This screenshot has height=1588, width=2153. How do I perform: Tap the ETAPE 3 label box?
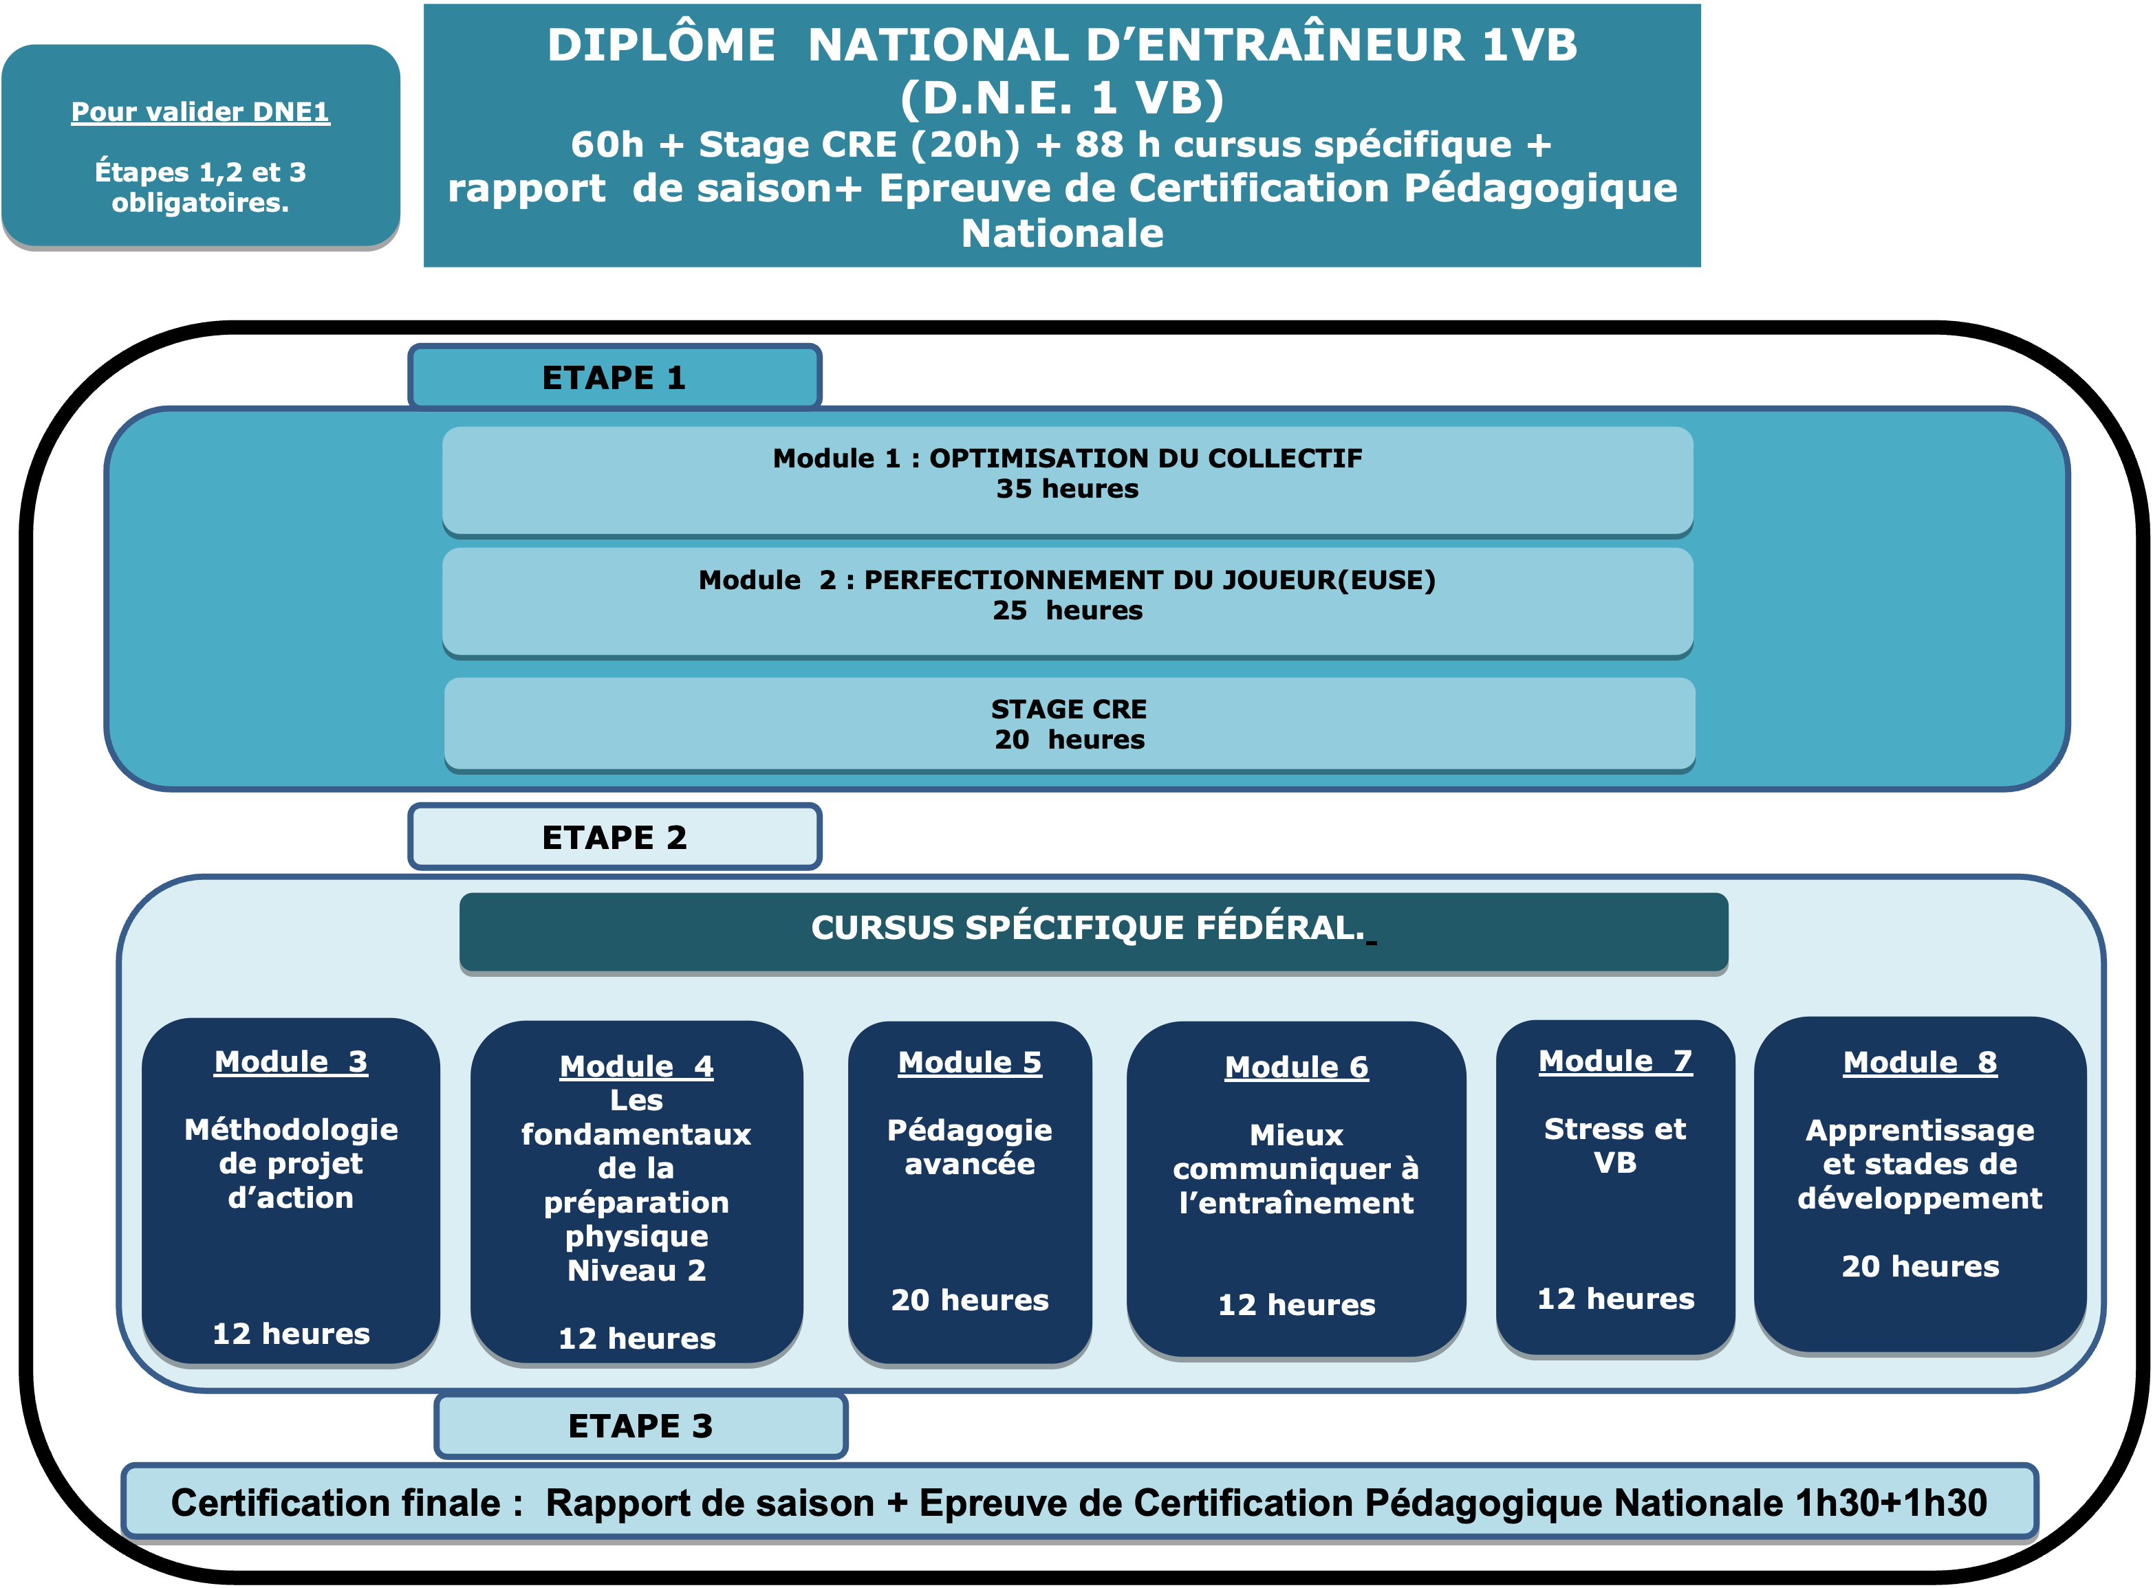(640, 1426)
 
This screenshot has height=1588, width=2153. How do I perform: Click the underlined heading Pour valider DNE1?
(200, 113)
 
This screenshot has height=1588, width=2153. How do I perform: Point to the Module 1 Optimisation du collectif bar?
(1068, 481)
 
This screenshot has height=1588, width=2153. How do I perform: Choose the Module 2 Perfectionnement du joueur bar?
(1068, 603)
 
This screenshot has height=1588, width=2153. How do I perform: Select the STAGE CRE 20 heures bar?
(1070, 725)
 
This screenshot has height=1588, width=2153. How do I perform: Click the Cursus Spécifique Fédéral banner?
(1093, 932)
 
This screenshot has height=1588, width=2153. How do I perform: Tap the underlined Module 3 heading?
(290, 1062)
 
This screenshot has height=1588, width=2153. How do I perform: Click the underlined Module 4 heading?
(636, 1067)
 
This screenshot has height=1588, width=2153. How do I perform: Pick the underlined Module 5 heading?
(969, 1063)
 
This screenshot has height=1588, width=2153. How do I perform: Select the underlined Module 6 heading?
(1296, 1068)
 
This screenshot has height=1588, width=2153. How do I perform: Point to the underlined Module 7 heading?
(1616, 1061)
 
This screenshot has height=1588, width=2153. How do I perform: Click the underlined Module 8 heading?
(1921, 1063)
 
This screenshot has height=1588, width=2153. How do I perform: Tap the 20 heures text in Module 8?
(1921, 1266)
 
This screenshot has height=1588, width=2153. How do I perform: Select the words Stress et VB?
(1616, 1146)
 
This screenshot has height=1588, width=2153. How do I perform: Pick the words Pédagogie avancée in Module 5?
(969, 1147)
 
